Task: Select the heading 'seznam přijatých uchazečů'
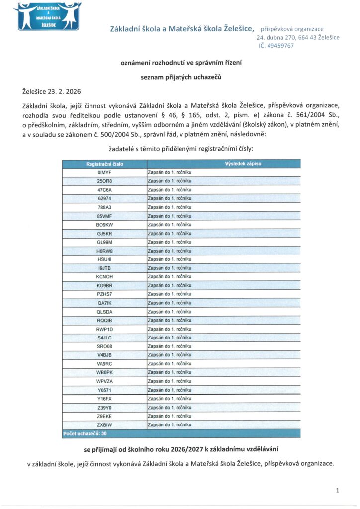(180, 77)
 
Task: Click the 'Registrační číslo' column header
(104, 164)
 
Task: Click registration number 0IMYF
(104, 172)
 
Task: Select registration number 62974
(104, 198)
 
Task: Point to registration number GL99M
(104, 242)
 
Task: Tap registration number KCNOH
(104, 277)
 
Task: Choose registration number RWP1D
(104, 329)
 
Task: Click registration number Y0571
(104, 390)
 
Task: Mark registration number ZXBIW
(104, 425)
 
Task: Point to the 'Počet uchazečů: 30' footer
(85, 434)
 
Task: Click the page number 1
(338, 491)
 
